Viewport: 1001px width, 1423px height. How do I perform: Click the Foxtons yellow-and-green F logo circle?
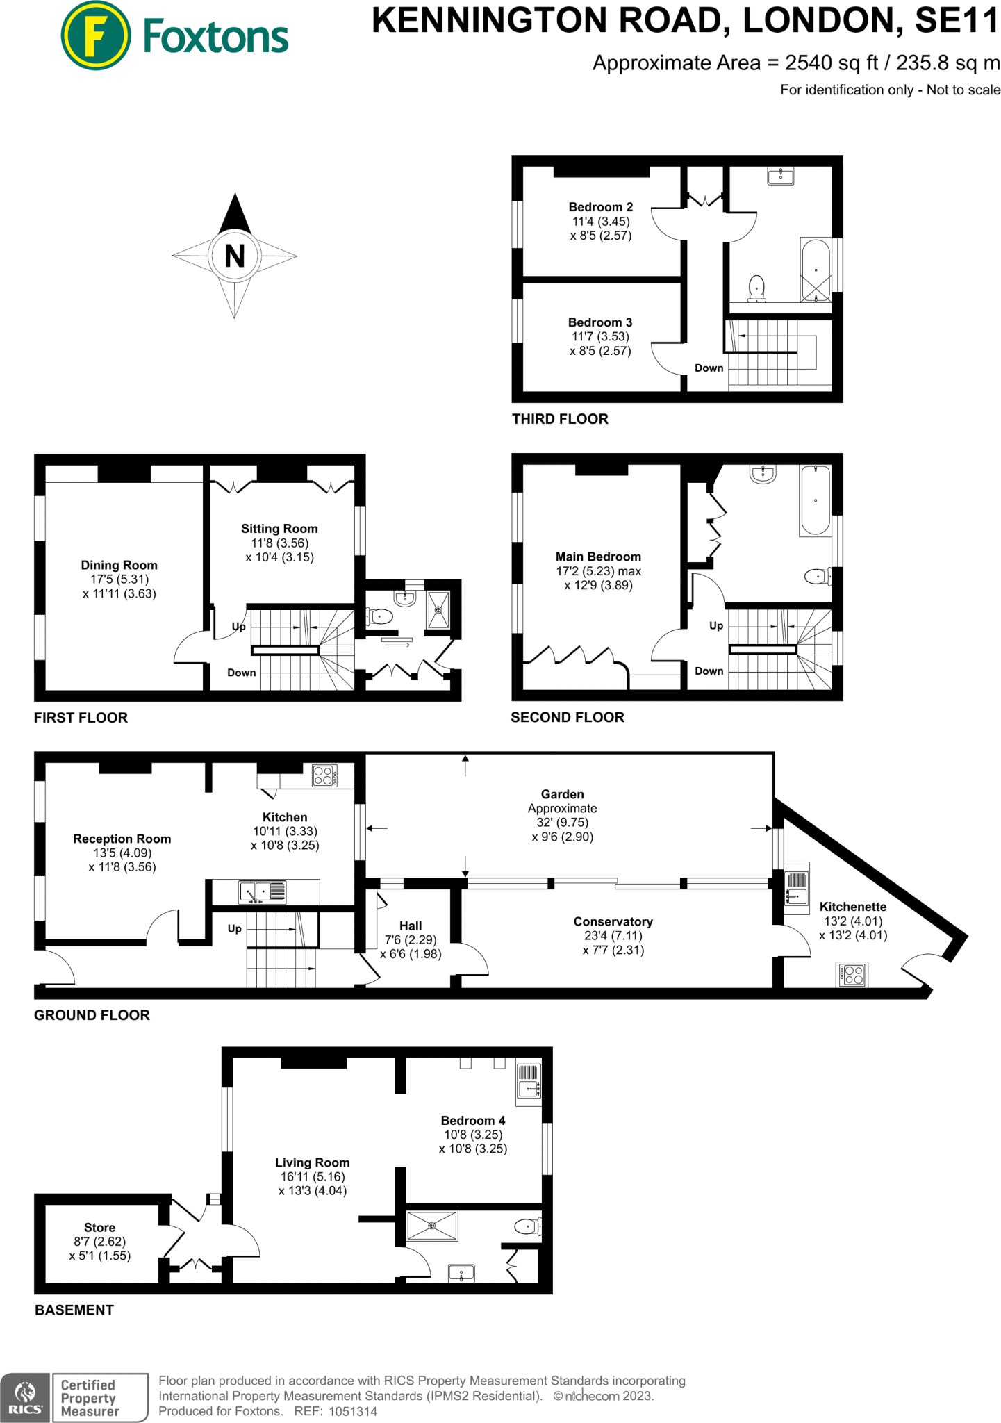(x=96, y=35)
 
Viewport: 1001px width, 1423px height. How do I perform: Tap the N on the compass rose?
(x=235, y=256)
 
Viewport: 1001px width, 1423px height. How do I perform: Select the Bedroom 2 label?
(x=601, y=207)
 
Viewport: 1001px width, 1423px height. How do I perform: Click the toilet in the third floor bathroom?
(x=756, y=288)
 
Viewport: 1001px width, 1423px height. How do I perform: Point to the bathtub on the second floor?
(x=815, y=500)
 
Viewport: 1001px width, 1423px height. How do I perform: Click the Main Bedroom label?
(x=598, y=557)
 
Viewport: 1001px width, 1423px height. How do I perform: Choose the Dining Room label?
(x=119, y=565)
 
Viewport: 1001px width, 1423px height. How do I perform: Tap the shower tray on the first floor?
(x=438, y=610)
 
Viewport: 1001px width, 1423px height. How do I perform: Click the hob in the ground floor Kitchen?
(x=324, y=775)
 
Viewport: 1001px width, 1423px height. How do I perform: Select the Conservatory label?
(x=613, y=921)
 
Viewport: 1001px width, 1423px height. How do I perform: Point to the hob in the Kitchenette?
(x=853, y=974)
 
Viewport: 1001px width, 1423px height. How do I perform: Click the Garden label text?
(x=562, y=794)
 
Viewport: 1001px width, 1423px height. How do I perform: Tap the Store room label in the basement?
(x=99, y=1228)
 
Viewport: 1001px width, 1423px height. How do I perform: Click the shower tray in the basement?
(x=432, y=1226)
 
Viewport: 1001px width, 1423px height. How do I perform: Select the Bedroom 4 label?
(x=473, y=1121)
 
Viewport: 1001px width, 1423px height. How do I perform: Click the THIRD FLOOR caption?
(x=560, y=419)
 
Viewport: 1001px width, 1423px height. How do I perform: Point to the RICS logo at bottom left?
(x=25, y=1398)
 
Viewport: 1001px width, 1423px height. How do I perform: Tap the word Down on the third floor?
(x=709, y=368)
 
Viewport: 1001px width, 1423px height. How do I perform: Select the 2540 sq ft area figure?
(x=832, y=63)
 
